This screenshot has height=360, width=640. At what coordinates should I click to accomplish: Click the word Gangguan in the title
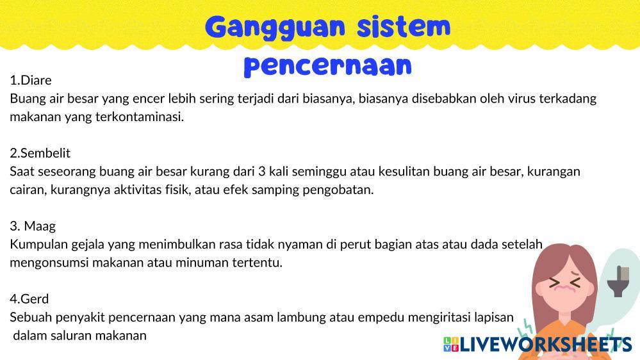click(275, 28)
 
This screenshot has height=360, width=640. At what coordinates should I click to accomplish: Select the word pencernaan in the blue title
click(328, 67)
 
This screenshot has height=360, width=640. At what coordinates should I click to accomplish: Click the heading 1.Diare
click(31, 80)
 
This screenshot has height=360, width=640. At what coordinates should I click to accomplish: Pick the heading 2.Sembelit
click(40, 153)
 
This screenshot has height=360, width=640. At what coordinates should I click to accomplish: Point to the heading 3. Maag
click(33, 226)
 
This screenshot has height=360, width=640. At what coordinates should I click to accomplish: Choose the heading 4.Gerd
click(29, 299)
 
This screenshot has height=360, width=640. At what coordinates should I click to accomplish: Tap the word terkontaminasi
click(140, 117)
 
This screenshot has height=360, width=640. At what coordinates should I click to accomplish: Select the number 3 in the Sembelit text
click(261, 172)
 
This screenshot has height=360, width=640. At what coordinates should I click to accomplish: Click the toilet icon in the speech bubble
click(618, 281)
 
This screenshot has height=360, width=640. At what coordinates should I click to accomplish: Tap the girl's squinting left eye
click(555, 282)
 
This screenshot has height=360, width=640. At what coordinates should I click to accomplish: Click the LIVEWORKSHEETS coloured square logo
click(451, 345)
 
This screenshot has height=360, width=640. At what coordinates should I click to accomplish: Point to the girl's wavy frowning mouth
click(565, 288)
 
